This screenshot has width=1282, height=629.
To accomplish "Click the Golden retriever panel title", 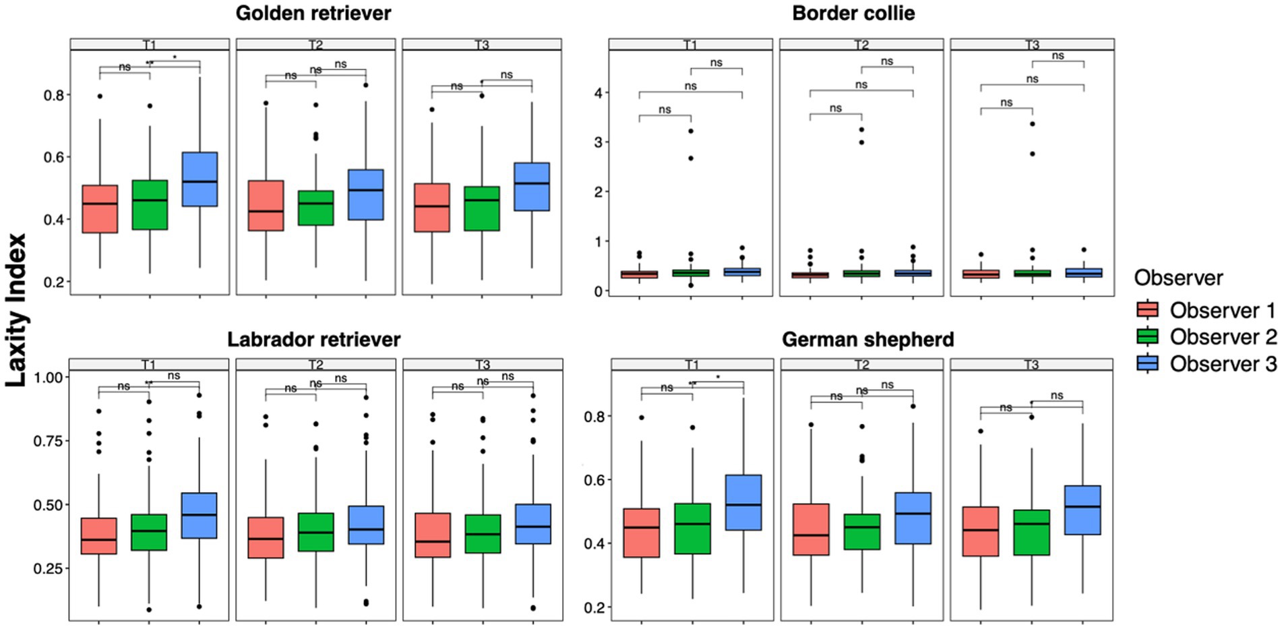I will click(313, 13).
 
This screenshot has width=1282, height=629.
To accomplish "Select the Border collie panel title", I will click(853, 13).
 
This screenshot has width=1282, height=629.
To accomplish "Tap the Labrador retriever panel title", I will click(313, 339).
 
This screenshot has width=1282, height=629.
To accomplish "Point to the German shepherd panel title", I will click(867, 339).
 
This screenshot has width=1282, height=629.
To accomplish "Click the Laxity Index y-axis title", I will click(16, 310).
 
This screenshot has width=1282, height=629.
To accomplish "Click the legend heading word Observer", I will click(1178, 278).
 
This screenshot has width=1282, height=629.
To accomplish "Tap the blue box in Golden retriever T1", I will click(200, 179).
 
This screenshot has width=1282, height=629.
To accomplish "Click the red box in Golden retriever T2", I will click(266, 206).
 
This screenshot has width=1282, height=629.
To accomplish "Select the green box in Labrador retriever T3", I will click(483, 534).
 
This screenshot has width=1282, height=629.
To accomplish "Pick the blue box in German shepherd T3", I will click(1082, 510).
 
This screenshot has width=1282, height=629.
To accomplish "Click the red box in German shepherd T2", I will click(811, 529).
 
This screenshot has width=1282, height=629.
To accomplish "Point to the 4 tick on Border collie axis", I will click(597, 92).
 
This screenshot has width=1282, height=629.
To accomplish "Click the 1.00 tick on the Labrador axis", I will click(48, 378).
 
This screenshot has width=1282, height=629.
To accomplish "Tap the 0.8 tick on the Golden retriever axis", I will click(54, 96).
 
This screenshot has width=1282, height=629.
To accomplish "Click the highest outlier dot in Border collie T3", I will click(1032, 124).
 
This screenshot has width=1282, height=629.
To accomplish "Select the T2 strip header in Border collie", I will click(861, 44).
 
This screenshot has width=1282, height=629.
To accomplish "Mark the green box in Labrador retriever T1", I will click(149, 532).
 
